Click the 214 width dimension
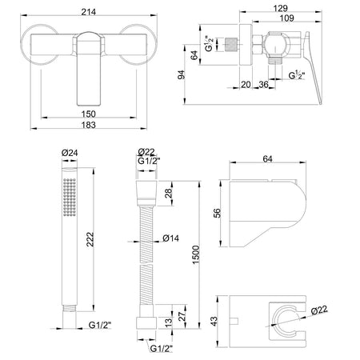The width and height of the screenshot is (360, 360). coord(89,12)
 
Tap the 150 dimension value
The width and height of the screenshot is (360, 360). coord(88,114)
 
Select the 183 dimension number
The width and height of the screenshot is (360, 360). coord(88,125)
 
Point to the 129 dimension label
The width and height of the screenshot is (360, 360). coord(280,8)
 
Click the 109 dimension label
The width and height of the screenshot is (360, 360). coord(287,18)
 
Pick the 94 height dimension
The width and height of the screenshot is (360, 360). coord(181,74)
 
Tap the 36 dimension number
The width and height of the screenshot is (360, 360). coord(263,85)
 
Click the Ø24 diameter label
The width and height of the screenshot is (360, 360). coord(70,153)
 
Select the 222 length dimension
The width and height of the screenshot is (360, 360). coord(90,239)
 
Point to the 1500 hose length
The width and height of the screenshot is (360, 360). coord(196,254)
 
